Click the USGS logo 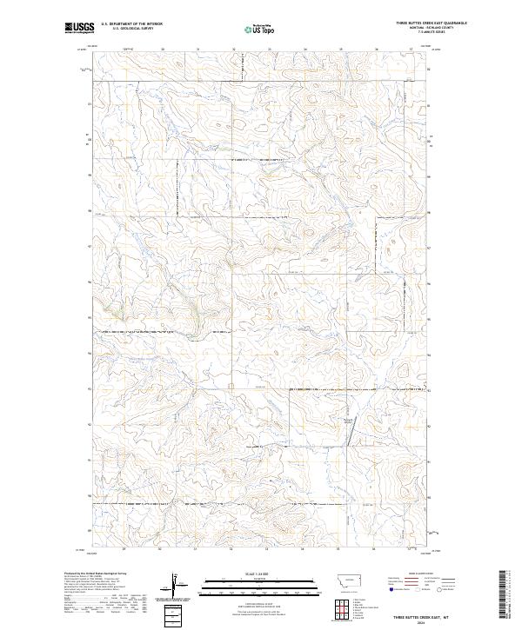[x=77, y=28]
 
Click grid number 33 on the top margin [x=269, y=49]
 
